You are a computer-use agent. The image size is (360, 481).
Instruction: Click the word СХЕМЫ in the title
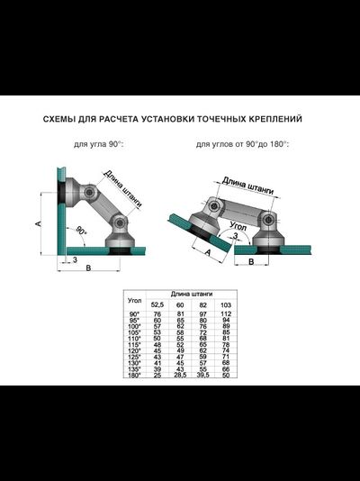coord(66,118)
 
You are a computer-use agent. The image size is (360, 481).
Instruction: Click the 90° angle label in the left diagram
coord(82,231)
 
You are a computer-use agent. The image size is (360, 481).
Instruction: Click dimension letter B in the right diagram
coord(251,262)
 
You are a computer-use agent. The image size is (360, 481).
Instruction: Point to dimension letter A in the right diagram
coord(208,254)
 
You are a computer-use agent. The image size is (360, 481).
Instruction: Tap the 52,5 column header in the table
coord(157,305)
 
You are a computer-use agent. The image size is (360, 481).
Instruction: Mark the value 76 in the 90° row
coord(157,313)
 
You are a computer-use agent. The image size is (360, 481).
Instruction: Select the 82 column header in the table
coord(202,305)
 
